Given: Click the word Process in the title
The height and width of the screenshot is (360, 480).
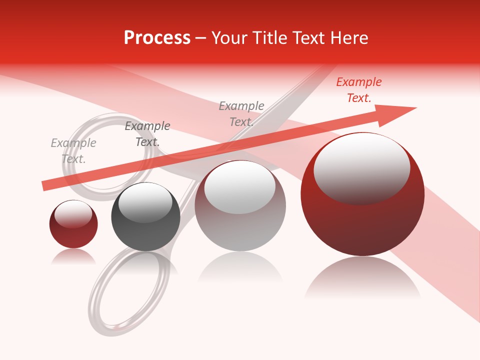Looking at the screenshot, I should pyautogui.click(x=157, y=38).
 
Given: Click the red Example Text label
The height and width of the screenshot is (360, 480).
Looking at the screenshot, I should pyautogui.click(x=359, y=90).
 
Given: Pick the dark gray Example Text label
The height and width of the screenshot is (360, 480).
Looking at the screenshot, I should pyautogui.click(x=147, y=134).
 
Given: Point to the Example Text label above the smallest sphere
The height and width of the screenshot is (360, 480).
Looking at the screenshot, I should pyautogui.click(x=73, y=151).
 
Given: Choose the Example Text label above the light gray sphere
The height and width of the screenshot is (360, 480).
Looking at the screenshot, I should pyautogui.click(x=241, y=114).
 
